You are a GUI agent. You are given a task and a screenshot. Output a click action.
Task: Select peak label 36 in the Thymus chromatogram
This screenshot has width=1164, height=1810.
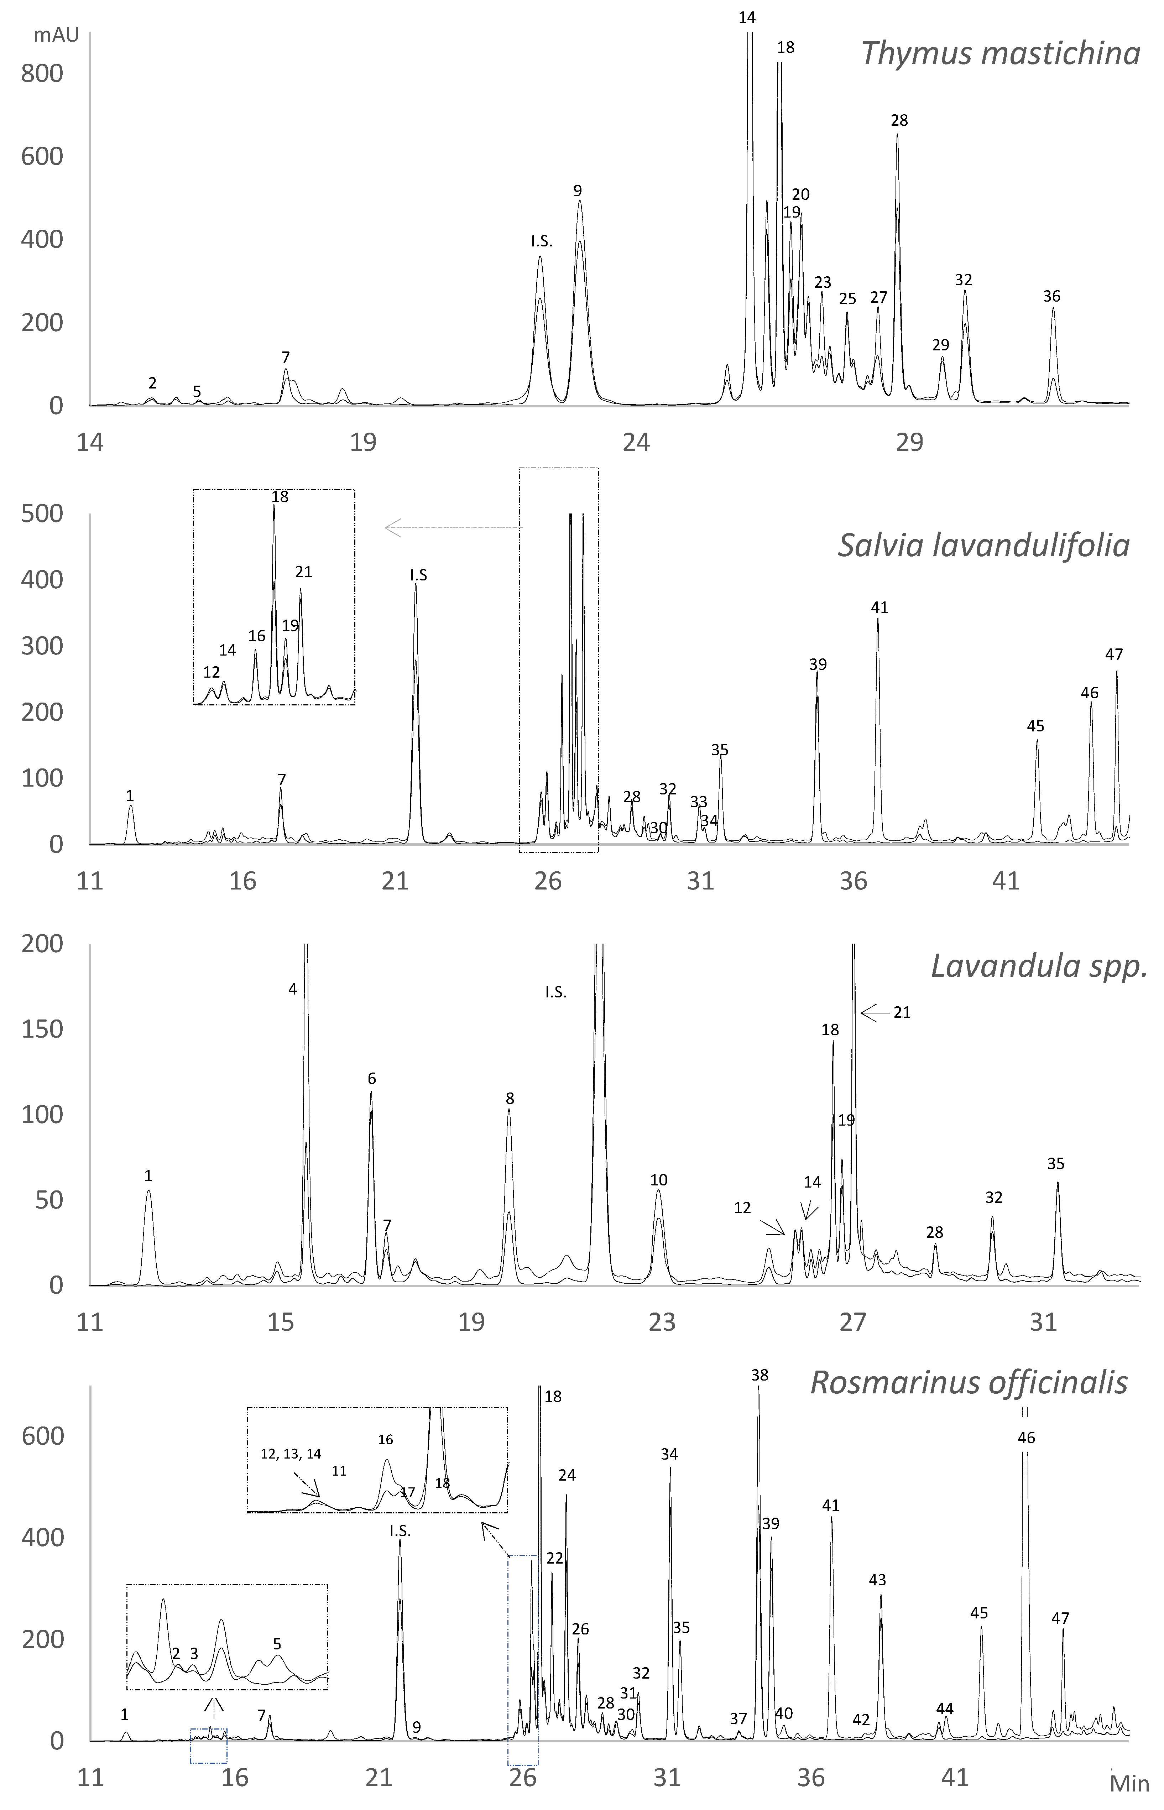pos(1051,296)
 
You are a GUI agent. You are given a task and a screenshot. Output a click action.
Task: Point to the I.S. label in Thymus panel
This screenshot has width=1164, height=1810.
pos(541,242)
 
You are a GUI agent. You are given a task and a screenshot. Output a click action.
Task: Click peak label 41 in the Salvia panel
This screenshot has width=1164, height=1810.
pos(879,607)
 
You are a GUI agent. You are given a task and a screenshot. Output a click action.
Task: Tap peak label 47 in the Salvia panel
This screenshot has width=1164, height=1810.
pos(1114,654)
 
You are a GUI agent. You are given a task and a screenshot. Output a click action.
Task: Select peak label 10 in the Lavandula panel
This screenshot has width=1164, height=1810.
pos(658,1180)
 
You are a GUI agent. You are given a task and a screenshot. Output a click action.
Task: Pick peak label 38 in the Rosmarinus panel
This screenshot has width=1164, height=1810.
pos(760,1376)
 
